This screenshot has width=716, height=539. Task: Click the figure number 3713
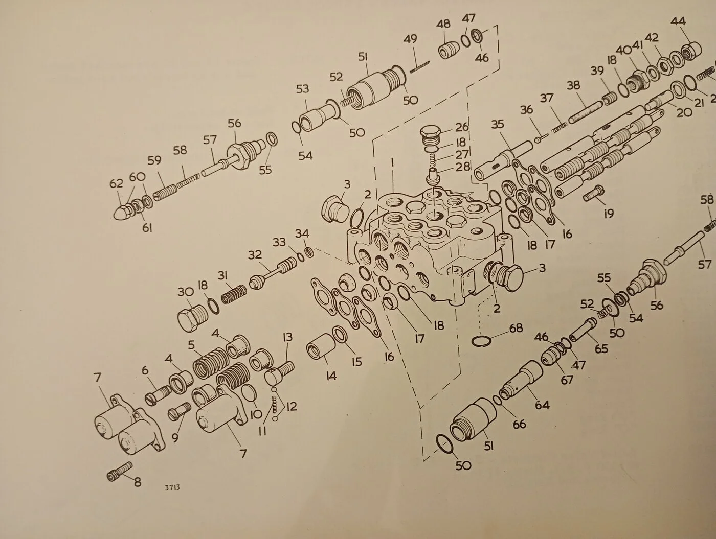[x=172, y=488]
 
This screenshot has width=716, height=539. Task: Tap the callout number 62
[x=116, y=184]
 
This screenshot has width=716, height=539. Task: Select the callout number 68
[x=516, y=328]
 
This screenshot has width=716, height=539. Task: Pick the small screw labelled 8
[x=119, y=471]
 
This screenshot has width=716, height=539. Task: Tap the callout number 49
[x=410, y=39]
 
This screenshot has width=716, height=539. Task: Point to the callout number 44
[x=678, y=21]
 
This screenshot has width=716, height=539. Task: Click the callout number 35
[x=498, y=124]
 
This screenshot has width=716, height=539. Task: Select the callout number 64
[x=542, y=405]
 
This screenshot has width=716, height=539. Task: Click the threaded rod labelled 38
[x=585, y=112]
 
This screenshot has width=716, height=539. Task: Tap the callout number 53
[x=302, y=89]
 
